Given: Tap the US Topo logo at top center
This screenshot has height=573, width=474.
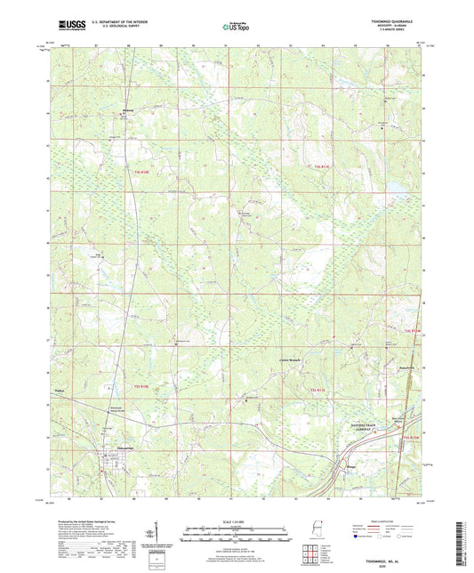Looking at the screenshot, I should [236, 28].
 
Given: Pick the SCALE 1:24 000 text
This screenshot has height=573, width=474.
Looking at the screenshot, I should [236, 521].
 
